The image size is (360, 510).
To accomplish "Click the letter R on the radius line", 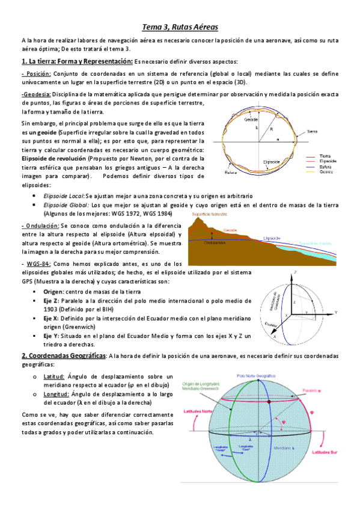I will click(x=272, y=129).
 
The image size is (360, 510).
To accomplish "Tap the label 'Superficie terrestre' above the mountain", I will click(x=209, y=214).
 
